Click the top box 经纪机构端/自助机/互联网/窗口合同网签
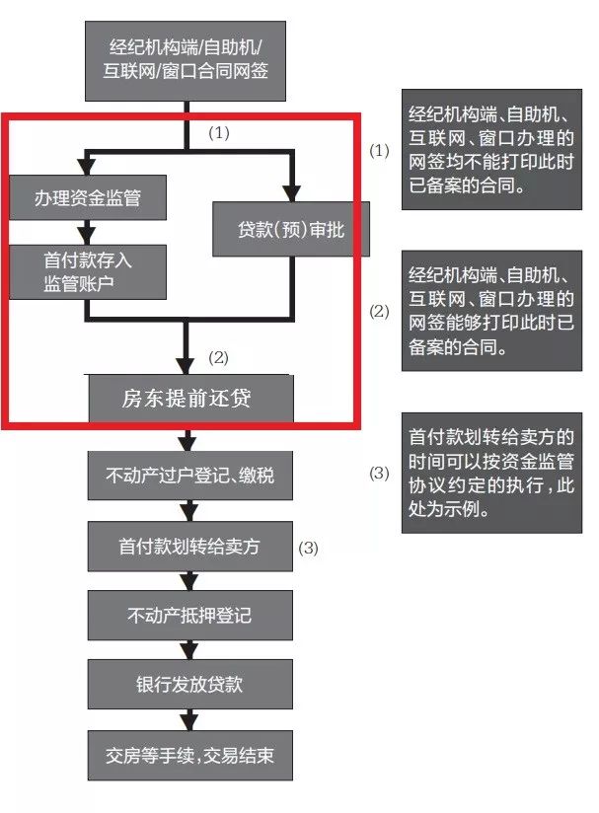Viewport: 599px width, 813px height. tap(186, 60)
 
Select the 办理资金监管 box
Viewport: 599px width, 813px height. tap(88, 197)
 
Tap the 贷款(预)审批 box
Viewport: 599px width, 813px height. tap(291, 229)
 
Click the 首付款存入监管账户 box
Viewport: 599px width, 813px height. tap(88, 272)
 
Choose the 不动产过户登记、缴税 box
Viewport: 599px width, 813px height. tap(189, 476)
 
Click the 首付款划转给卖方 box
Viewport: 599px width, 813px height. tap(189, 547)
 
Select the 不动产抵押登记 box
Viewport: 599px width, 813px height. tap(189, 616)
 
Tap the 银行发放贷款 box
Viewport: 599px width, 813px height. tap(189, 685)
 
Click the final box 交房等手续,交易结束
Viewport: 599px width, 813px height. tap(189, 756)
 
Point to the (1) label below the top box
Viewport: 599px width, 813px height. tap(218, 133)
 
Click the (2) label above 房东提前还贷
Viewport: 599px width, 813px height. tap(218, 358)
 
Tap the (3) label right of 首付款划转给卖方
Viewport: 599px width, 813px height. tap(308, 548)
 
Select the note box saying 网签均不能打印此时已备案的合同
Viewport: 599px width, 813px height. tap(491, 149)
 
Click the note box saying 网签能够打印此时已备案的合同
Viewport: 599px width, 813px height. tap(491, 311)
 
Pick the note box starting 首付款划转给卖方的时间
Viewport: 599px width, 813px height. tap(491, 473)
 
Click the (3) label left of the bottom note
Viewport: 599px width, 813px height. tap(379, 473)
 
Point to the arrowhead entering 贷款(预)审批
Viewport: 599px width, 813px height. tap(291, 194)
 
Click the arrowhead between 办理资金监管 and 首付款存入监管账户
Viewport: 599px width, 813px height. tap(87, 237)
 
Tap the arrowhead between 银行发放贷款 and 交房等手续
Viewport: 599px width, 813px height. tap(189, 722)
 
